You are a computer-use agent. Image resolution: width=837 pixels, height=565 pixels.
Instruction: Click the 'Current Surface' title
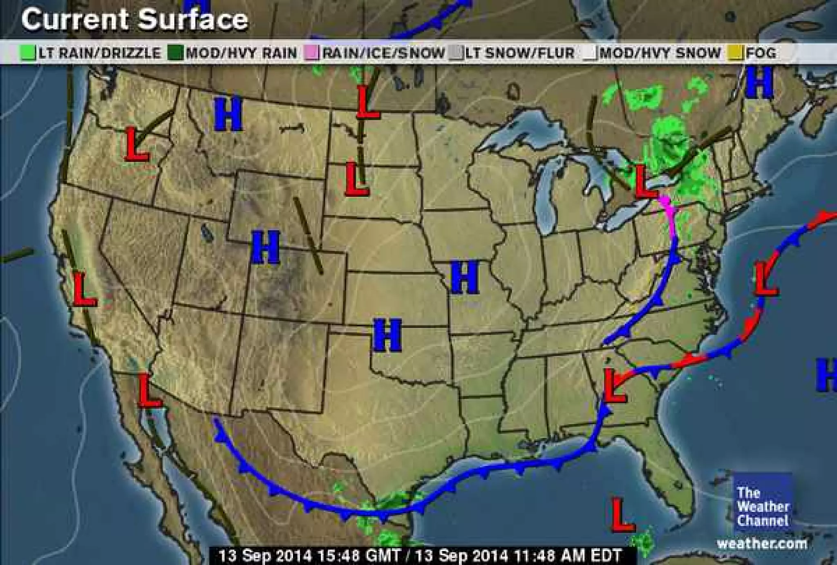[x=134, y=19]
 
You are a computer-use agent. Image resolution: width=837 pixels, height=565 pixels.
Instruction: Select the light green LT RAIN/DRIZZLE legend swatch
[x=28, y=53]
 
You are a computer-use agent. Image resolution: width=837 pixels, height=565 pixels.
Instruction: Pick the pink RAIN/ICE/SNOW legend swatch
[x=312, y=53]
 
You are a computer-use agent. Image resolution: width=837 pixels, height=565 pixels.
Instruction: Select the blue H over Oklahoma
[x=387, y=336]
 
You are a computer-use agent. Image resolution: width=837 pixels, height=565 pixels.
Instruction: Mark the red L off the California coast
[x=85, y=289]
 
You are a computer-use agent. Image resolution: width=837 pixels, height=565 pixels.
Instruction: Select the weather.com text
[x=762, y=544]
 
